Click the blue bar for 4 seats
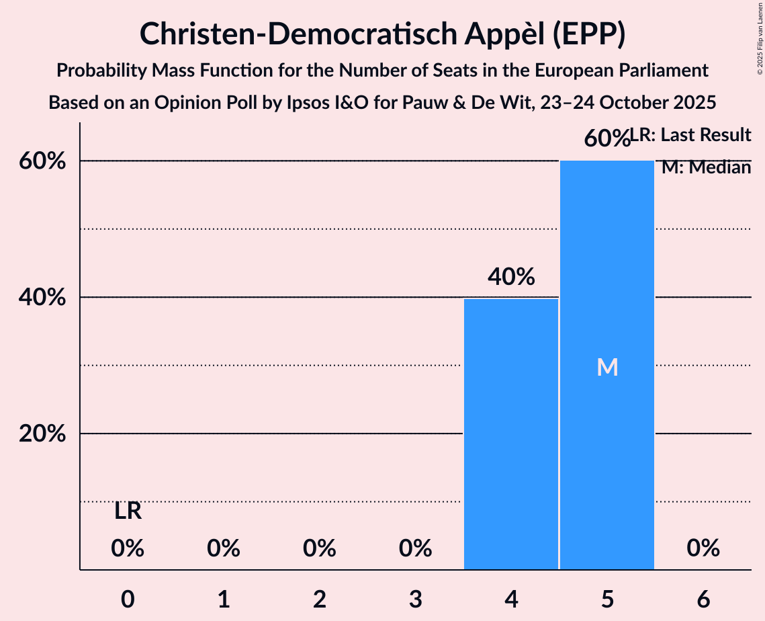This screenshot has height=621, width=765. tap(511, 434)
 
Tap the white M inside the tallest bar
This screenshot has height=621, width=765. tap(607, 367)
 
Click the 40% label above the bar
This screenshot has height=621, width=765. tap(511, 276)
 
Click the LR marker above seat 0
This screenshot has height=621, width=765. tap(128, 511)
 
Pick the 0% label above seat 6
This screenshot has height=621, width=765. tap(703, 548)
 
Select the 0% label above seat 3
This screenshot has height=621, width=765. tap(415, 548)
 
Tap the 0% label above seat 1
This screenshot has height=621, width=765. tap(224, 548)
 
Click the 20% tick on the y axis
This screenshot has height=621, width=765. tap(42, 434)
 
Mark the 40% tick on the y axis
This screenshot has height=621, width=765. tap(42, 297)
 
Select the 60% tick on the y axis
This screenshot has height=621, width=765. tap(42, 161)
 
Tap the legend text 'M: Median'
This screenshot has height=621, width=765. tap(706, 167)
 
